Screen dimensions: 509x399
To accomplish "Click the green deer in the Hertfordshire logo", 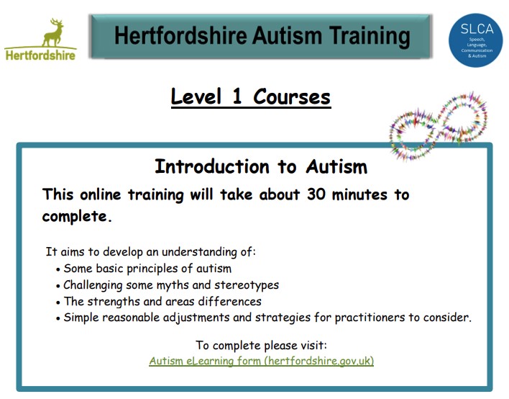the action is click(x=54, y=32).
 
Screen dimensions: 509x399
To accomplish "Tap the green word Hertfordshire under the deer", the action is click(x=40, y=55).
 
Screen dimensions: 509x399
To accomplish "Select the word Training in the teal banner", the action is click(x=370, y=37).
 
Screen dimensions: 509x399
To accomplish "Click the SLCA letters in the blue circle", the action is click(x=477, y=30).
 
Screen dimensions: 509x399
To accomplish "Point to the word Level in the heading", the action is click(x=196, y=97).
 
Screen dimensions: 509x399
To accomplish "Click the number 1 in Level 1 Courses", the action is click(x=237, y=97).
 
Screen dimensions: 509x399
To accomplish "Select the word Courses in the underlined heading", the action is click(x=291, y=97).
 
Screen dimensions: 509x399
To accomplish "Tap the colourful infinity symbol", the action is click(x=439, y=127).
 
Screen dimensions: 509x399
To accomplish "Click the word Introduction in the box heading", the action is click(x=212, y=166).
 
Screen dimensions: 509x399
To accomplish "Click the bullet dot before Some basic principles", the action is click(x=58, y=269).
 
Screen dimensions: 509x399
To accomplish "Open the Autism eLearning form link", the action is click(x=261, y=361).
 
